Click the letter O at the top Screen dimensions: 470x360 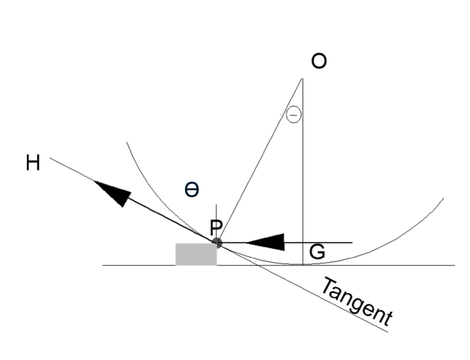tap(319, 61)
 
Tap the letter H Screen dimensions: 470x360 tap(33, 163)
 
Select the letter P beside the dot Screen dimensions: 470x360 tap(216, 228)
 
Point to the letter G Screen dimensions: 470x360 tap(317, 251)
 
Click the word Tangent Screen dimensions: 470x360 tap(356, 301)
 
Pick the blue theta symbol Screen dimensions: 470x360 tap(192, 190)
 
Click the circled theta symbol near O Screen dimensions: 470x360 tap(293, 115)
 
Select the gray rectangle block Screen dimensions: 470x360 tap(196, 254)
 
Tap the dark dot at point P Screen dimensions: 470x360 tap(216, 242)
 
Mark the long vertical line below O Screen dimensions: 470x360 tap(302, 172)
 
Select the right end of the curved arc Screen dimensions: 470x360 tap(444, 199)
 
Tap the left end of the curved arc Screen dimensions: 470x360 tap(127, 142)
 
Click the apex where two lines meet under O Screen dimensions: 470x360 tap(302, 78)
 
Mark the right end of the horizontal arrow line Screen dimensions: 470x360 tap(352, 242)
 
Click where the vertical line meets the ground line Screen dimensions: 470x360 tap(302, 265)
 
